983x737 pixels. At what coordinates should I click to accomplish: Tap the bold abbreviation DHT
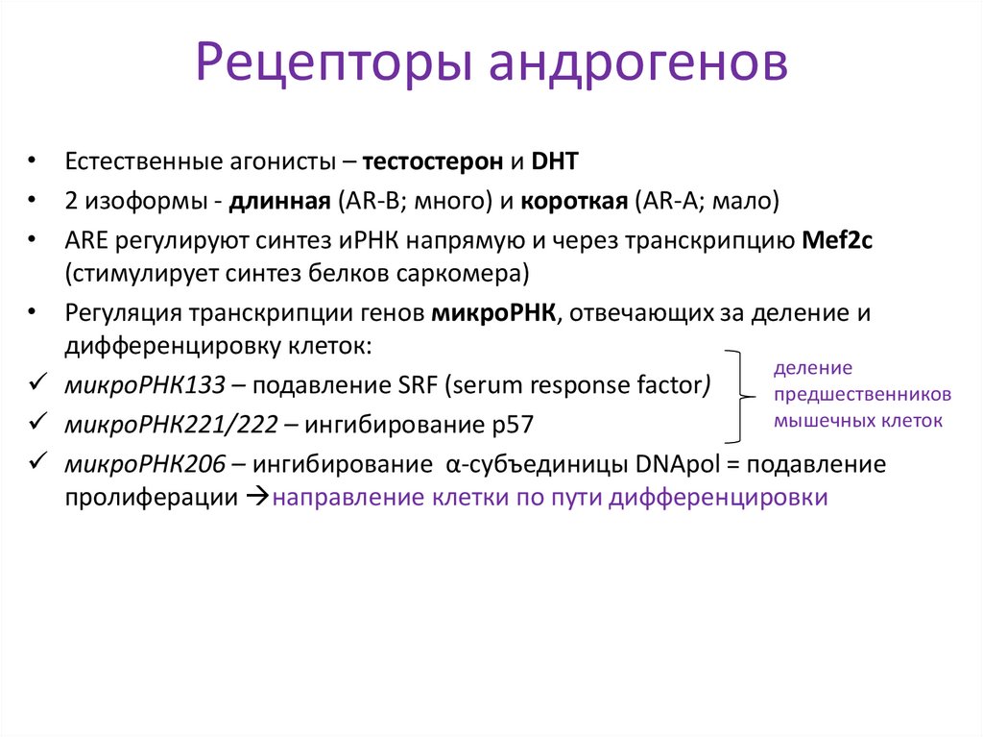coord(554,161)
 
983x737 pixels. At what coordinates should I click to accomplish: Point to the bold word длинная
coord(279,202)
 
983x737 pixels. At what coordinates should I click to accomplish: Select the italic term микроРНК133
coord(146,385)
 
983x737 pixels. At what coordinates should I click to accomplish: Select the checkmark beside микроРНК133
coord(37,384)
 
